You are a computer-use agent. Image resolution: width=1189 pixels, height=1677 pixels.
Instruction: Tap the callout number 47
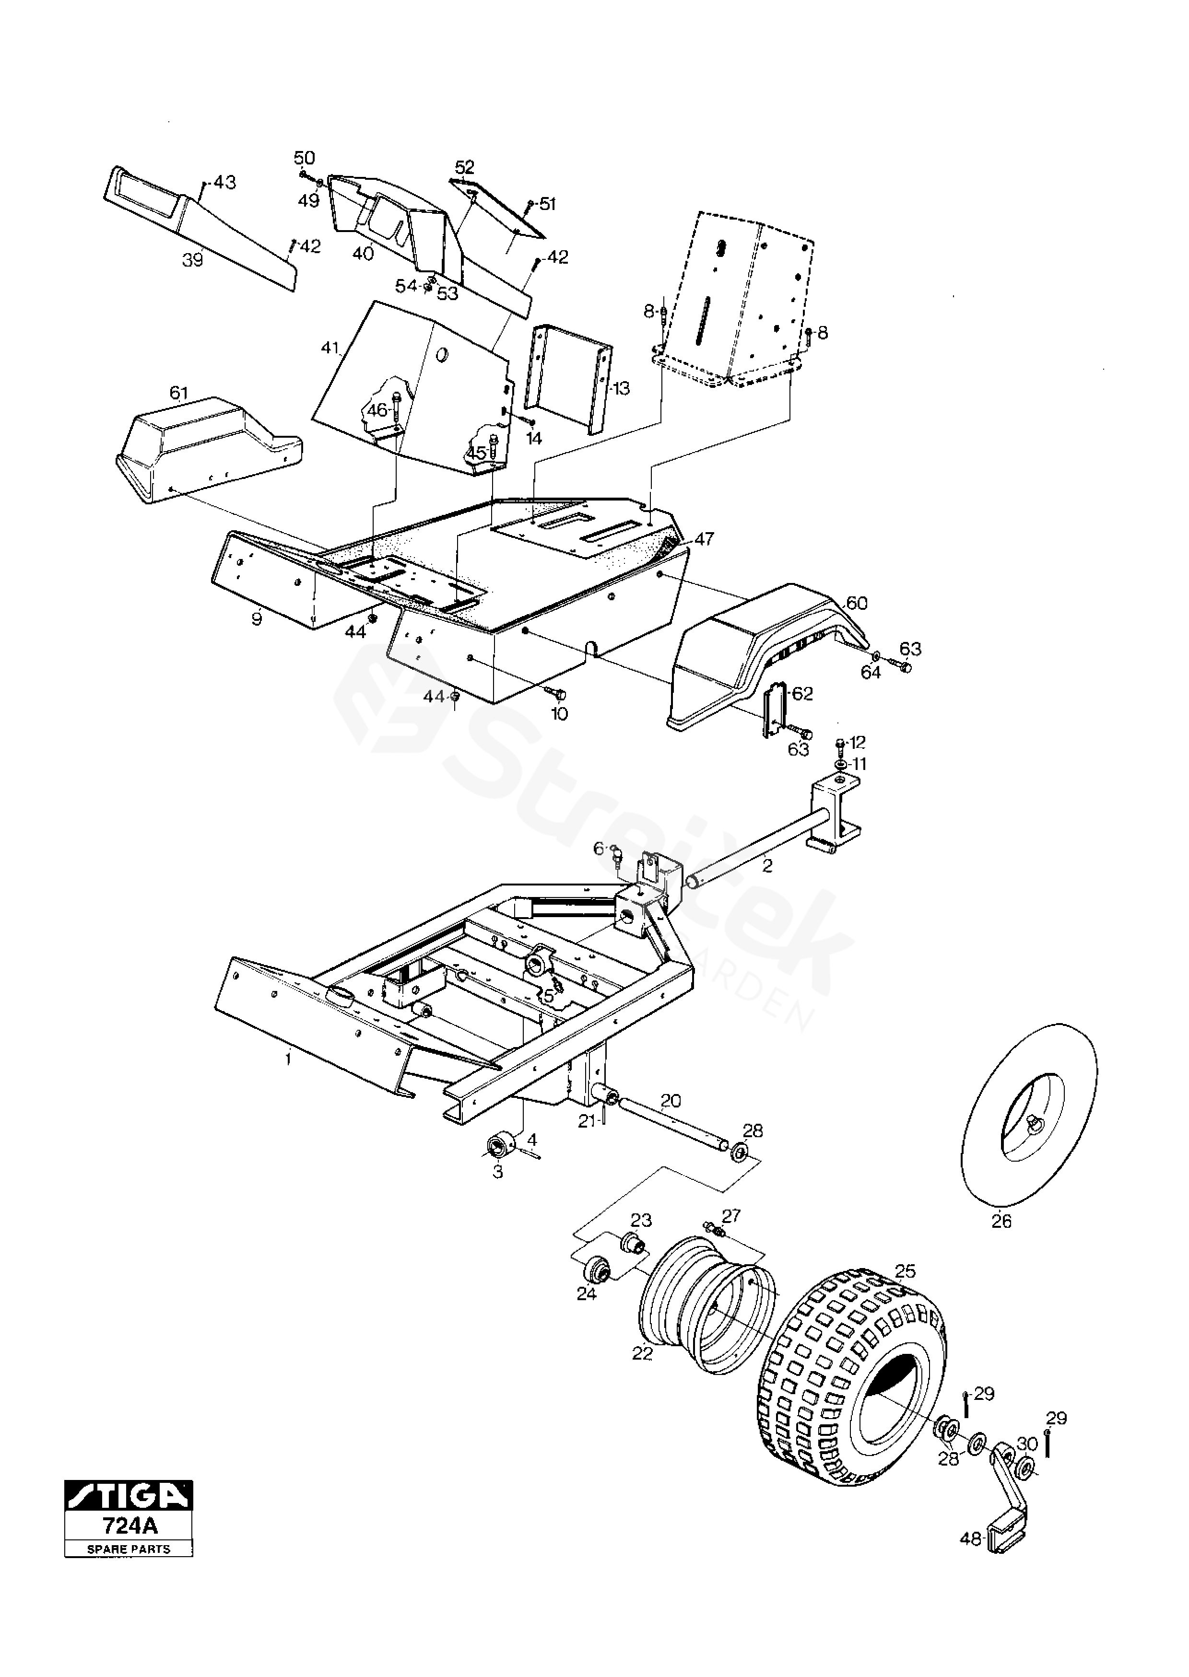click(x=704, y=539)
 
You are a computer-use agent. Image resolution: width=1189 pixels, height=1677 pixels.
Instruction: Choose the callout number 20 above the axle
click(x=671, y=1100)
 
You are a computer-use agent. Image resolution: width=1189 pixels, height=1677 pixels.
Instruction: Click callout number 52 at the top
click(x=465, y=167)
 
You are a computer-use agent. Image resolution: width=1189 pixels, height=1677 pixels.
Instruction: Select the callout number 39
click(x=192, y=260)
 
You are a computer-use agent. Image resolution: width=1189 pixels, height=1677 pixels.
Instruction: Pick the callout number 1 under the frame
click(x=288, y=1059)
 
